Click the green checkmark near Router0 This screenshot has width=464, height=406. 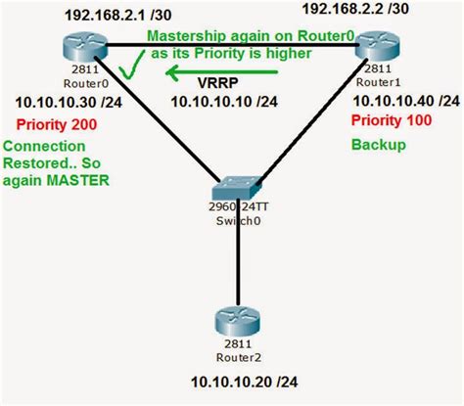(x=127, y=68)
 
